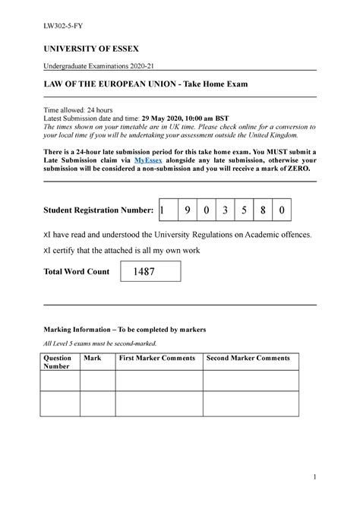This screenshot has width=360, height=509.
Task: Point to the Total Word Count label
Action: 75,271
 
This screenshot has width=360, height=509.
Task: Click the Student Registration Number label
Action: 98,209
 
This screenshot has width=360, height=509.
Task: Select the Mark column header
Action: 93,357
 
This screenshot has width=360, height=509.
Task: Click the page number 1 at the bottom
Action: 312,498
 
